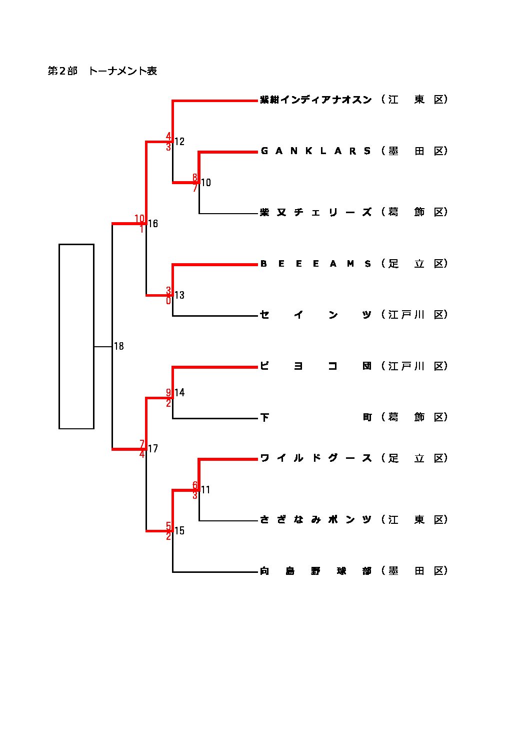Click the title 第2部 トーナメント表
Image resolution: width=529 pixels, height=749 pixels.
click(102, 71)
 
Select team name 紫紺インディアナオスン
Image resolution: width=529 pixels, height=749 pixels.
click(315, 100)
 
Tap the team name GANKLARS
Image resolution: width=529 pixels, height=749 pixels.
click(315, 151)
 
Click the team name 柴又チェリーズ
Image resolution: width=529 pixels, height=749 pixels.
click(315, 212)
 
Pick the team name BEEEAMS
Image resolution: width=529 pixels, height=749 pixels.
click(315, 264)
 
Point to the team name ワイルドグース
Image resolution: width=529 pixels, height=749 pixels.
click(315, 458)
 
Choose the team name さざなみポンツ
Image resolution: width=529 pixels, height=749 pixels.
click(315, 520)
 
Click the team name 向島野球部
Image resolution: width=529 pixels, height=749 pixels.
click(315, 571)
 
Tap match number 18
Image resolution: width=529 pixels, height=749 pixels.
click(119, 346)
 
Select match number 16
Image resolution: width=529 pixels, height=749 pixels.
click(153, 224)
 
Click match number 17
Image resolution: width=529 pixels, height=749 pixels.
click(153, 449)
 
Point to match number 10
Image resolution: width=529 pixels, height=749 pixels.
click(206, 183)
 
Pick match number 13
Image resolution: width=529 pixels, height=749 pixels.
click(179, 295)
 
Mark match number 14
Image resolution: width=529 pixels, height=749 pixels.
click(179, 393)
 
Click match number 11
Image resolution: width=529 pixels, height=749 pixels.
click(205, 490)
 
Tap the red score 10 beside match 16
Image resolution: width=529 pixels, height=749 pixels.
click(139, 219)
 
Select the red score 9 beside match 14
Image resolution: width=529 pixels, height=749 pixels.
click(168, 392)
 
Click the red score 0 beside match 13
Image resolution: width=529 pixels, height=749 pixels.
click(168, 301)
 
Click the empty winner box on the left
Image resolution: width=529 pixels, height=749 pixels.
click(76, 336)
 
